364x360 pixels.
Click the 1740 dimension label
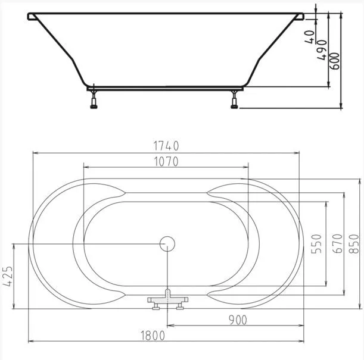166,146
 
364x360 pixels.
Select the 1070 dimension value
166,162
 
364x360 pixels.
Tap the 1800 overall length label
153,336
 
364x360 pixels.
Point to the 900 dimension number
238,320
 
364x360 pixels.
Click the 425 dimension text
7,276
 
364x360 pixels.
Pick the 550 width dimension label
316,243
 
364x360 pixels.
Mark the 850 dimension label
354,243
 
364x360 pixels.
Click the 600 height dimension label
335,61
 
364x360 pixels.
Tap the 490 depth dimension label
322,51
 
